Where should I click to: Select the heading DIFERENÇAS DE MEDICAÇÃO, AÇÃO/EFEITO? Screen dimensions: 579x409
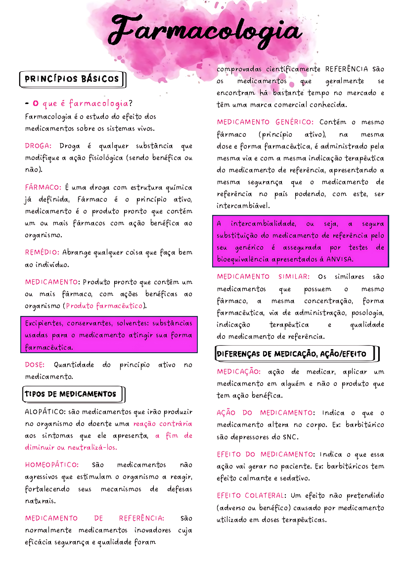click(291, 354)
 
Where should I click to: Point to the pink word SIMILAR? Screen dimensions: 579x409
click(294, 277)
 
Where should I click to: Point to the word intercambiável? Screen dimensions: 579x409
click(243, 206)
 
